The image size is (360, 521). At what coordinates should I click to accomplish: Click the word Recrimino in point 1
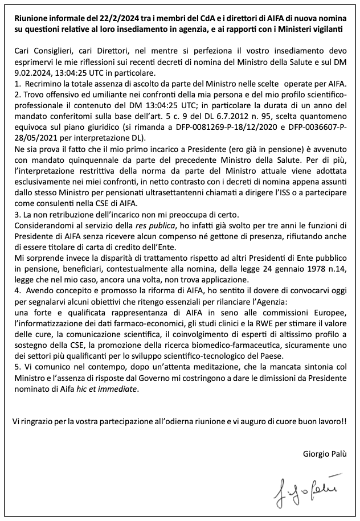(x=45, y=84)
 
